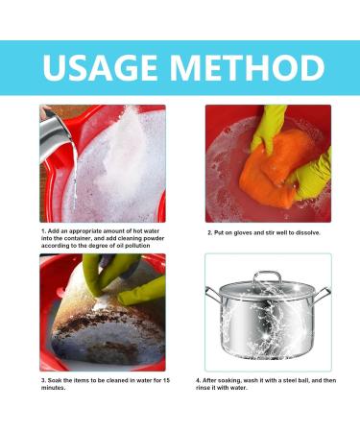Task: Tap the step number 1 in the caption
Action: tap(42, 230)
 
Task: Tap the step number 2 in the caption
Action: tap(209, 232)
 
